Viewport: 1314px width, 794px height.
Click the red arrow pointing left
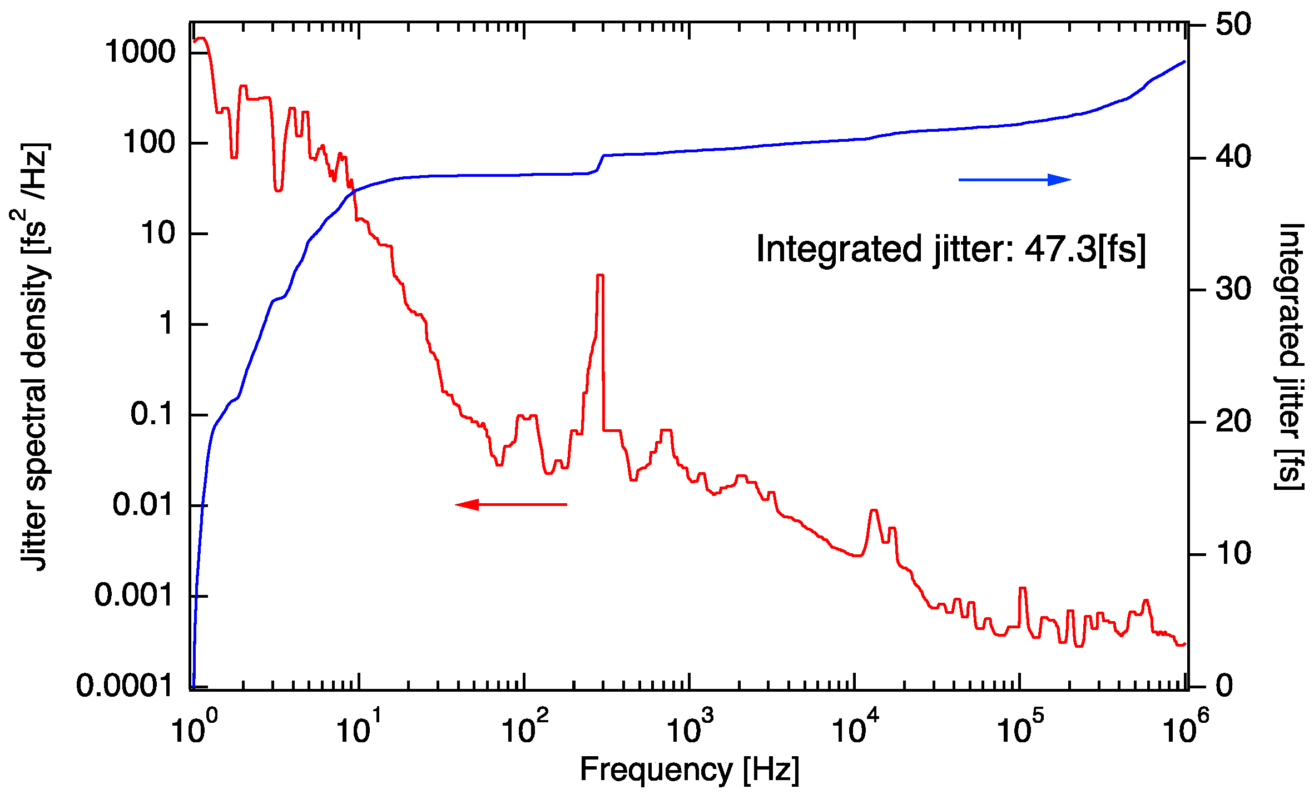click(510, 504)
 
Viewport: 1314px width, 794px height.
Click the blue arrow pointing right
click(1014, 180)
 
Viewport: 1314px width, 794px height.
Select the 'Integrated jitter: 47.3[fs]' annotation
click(951, 249)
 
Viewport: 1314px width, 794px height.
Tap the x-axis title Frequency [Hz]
click(690, 770)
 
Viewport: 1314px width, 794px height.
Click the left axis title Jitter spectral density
click(34, 356)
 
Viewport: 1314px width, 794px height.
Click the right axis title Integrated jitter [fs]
click(1288, 356)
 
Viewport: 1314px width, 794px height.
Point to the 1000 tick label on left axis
click(140, 52)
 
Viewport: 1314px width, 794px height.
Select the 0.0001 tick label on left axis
click(125, 685)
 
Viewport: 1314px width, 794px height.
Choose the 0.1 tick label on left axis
click(152, 414)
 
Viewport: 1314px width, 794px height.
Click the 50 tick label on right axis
click(1233, 24)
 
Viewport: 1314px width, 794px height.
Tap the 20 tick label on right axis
click(1233, 421)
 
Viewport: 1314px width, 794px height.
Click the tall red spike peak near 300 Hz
click(600, 275)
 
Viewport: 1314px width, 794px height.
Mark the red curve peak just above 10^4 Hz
click(874, 510)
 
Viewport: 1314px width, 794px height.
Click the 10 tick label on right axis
click(1233, 553)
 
